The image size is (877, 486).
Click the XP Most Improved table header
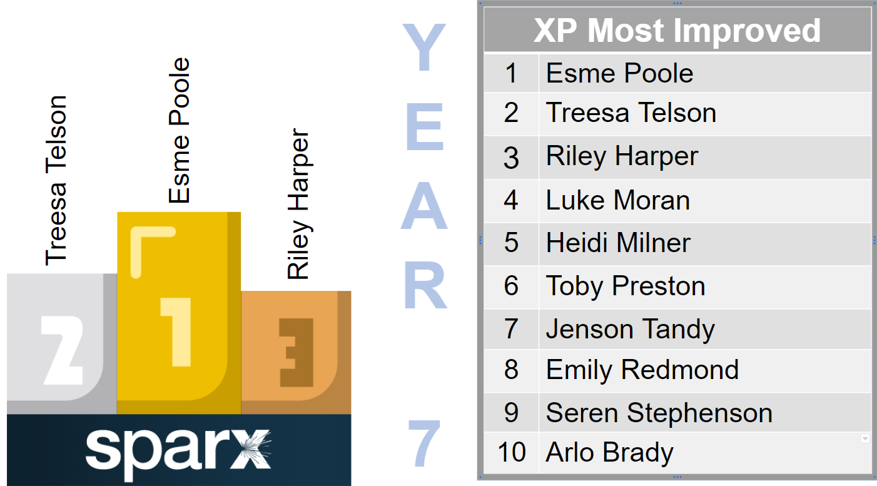point(677,31)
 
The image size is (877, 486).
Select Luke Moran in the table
point(618,201)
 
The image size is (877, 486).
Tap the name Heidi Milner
point(618,243)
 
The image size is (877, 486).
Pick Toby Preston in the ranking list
point(626,286)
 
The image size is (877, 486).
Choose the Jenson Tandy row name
point(631,330)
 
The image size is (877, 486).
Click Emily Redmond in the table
point(642,370)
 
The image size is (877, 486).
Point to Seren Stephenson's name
point(659,413)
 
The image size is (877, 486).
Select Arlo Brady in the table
point(610,453)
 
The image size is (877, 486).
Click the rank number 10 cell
point(511,452)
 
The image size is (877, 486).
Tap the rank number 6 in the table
point(511,285)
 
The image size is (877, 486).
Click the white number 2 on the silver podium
point(63,350)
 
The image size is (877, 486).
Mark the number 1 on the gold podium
point(176,332)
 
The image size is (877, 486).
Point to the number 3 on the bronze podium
point(296,352)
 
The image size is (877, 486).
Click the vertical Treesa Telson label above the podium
point(56,181)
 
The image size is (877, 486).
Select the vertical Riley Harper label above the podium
point(299,204)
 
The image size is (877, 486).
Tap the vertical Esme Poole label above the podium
point(179,130)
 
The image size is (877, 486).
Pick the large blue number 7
point(424,443)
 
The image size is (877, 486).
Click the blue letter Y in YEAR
point(424,47)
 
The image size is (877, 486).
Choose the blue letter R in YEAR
point(425,285)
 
